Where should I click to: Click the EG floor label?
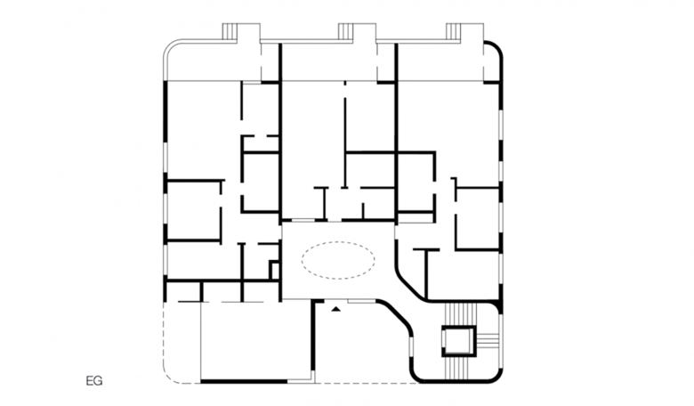94,381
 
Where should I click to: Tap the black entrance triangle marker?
337,309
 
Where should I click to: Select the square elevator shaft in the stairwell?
459,341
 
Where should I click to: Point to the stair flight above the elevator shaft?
459,314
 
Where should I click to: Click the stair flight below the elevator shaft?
459,368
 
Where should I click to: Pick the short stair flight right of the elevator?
488,341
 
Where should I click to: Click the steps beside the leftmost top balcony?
230,31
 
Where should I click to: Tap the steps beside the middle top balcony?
346,31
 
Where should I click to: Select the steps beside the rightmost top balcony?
454,31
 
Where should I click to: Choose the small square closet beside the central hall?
274,270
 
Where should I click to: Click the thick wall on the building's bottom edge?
244,381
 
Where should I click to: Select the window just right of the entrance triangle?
361,302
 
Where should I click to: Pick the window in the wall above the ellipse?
303,220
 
